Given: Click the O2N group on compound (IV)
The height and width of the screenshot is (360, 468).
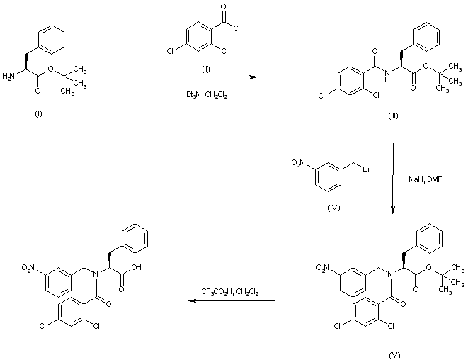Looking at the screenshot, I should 300,164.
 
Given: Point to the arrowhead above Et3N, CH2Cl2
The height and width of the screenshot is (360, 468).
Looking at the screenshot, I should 252,76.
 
